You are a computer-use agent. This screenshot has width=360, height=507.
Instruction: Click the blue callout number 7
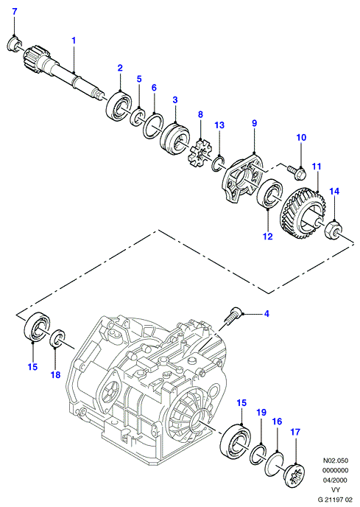click(x=15, y=12)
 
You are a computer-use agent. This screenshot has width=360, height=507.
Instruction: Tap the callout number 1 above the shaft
click(x=74, y=41)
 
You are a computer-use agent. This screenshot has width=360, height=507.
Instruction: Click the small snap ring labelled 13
click(x=219, y=163)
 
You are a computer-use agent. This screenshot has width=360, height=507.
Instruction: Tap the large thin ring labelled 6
click(x=153, y=125)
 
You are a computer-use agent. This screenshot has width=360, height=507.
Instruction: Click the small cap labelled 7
click(x=13, y=44)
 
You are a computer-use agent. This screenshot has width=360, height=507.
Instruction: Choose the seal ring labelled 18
click(x=58, y=338)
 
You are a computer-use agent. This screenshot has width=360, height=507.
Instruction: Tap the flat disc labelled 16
click(x=274, y=464)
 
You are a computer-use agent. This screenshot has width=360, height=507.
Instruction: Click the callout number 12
click(x=267, y=237)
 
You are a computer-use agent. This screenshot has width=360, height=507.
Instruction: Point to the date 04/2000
click(x=336, y=480)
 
